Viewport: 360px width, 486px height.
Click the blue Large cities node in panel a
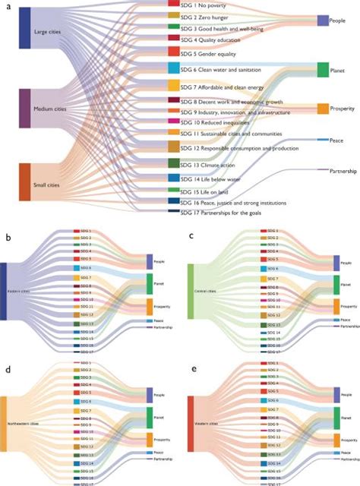(x=24, y=33)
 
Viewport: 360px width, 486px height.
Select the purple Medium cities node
(x=24, y=108)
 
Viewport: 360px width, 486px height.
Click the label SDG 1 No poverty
(x=215, y=5)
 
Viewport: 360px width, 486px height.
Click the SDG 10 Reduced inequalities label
(x=223, y=121)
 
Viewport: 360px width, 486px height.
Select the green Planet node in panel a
(x=322, y=70)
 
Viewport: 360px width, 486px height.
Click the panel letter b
(x=7, y=238)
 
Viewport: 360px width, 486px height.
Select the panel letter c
(x=191, y=237)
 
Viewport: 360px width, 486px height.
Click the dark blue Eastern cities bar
(x=4, y=289)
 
